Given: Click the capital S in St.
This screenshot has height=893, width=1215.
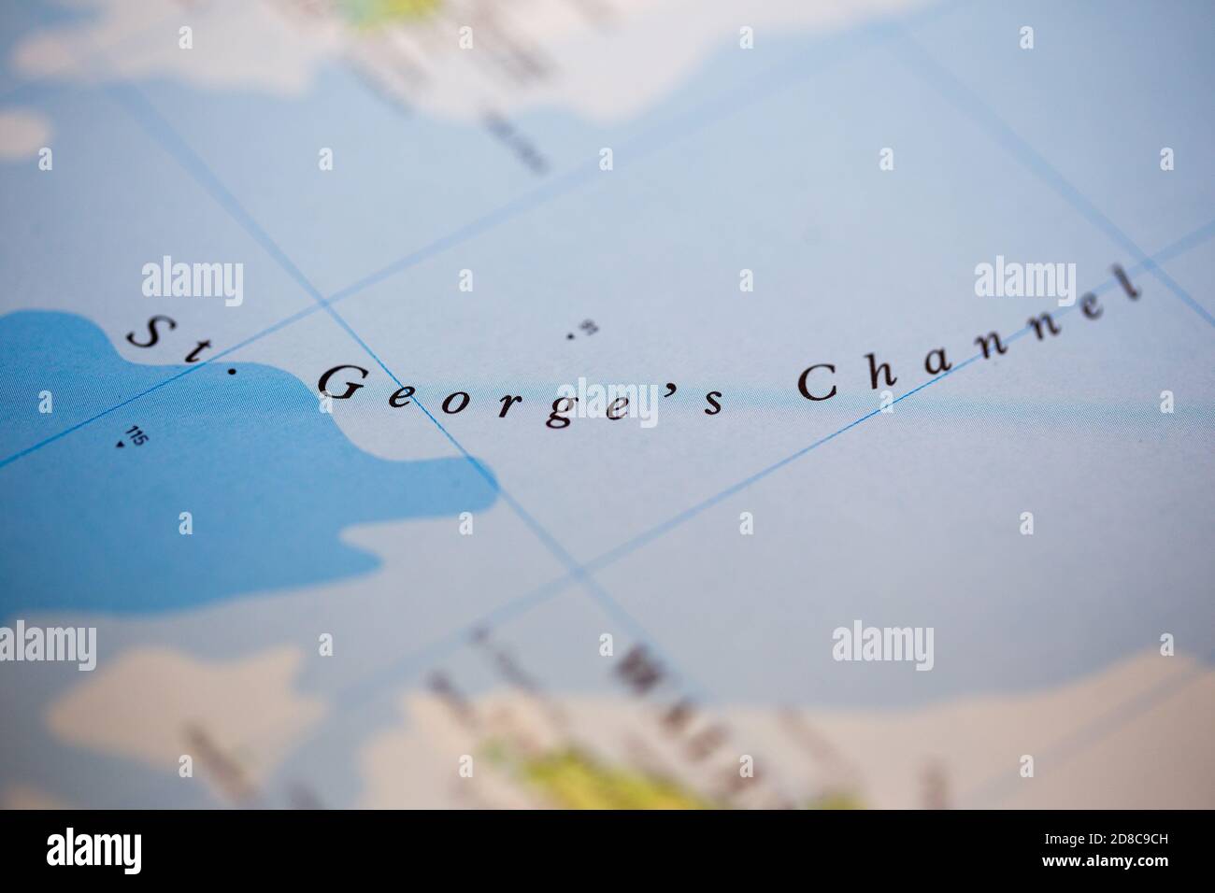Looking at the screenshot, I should coord(145,333).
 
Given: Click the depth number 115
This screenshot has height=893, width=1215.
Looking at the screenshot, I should coord(136,435).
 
